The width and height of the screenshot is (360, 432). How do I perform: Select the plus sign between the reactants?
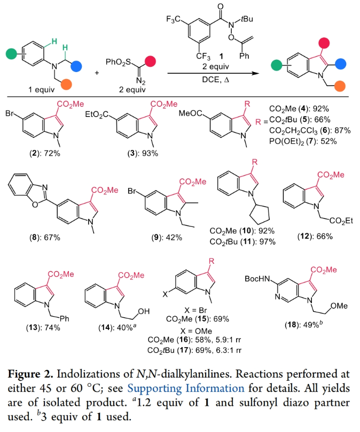(x=97, y=73)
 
